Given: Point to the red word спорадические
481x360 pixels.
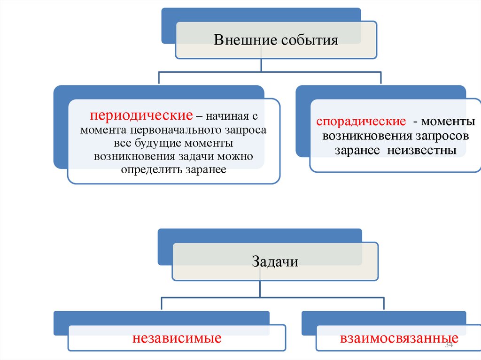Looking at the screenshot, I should click(x=361, y=122).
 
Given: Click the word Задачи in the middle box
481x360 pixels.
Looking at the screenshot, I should click(x=275, y=261).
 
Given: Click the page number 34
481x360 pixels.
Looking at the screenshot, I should click(x=448, y=345).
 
